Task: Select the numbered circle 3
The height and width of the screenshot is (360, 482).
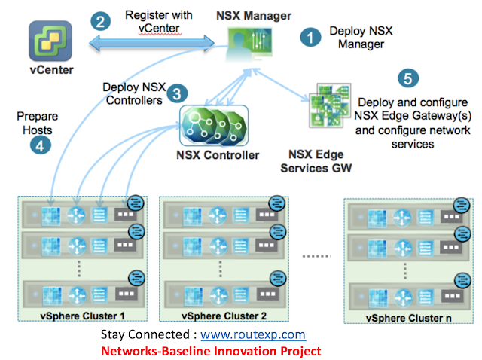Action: tap(175, 93)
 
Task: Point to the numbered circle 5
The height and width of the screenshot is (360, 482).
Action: tap(407, 78)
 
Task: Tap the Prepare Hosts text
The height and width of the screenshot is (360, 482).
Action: tap(38, 123)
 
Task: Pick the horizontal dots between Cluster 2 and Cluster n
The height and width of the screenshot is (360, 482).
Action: tap(317, 256)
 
